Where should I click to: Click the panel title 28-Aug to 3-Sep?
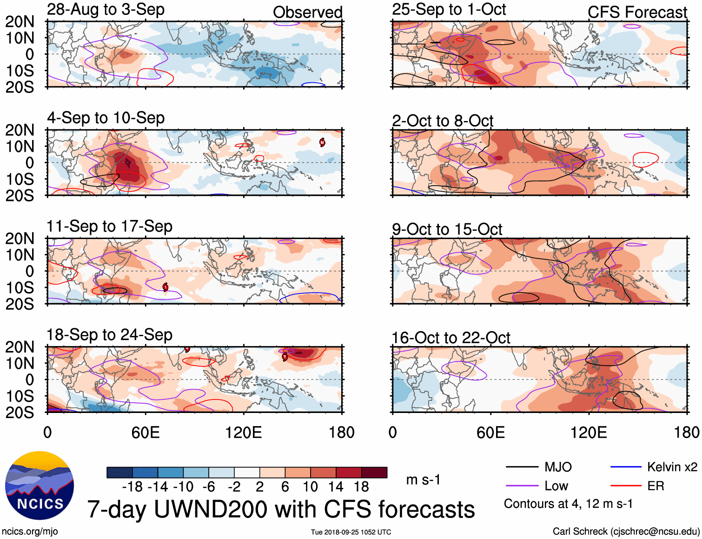click(x=106, y=9)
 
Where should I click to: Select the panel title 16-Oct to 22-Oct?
click(x=451, y=338)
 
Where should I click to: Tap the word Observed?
click(x=307, y=12)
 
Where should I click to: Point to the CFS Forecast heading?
click(x=637, y=12)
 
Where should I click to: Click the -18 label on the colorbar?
click(x=132, y=487)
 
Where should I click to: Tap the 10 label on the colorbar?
click(x=310, y=487)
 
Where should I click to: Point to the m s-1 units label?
click(x=423, y=479)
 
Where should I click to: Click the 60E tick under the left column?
click(x=146, y=433)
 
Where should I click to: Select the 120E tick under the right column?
click(x=589, y=433)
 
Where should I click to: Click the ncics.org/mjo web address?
click(x=30, y=531)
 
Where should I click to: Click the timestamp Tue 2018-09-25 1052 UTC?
click(x=351, y=532)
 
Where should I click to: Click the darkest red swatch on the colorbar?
click(x=374, y=472)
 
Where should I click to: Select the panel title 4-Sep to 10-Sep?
click(x=106, y=118)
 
